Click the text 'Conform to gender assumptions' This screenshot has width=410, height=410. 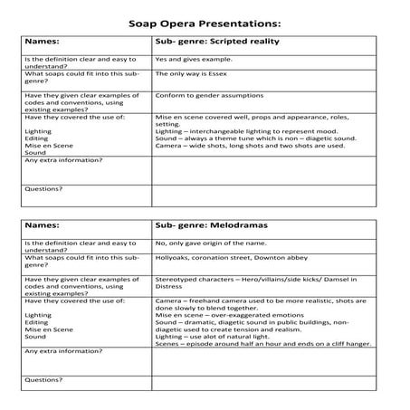pyautogui.click(x=205, y=98)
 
